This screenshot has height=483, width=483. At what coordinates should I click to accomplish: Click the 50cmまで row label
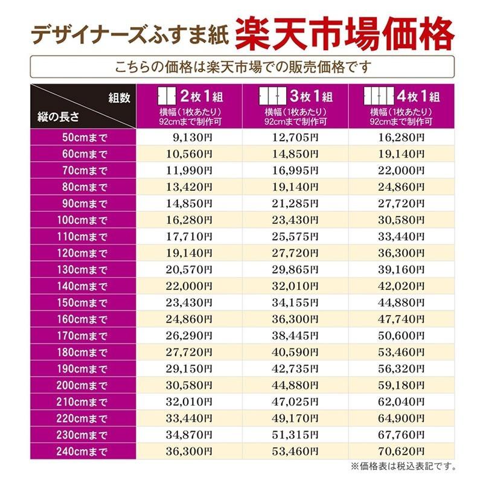pos(84,137)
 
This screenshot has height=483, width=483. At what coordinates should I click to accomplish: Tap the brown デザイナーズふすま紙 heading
pos(129,34)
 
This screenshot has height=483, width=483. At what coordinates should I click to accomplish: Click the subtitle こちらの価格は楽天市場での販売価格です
pos(241,65)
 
